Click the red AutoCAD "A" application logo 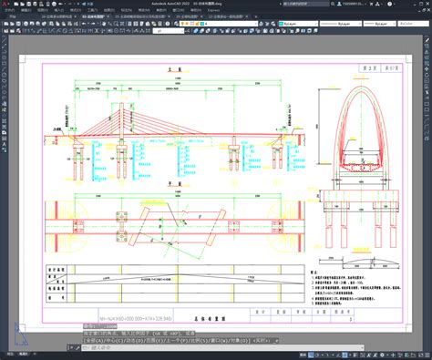[x=5, y=5]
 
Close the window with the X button [x=425, y=4]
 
